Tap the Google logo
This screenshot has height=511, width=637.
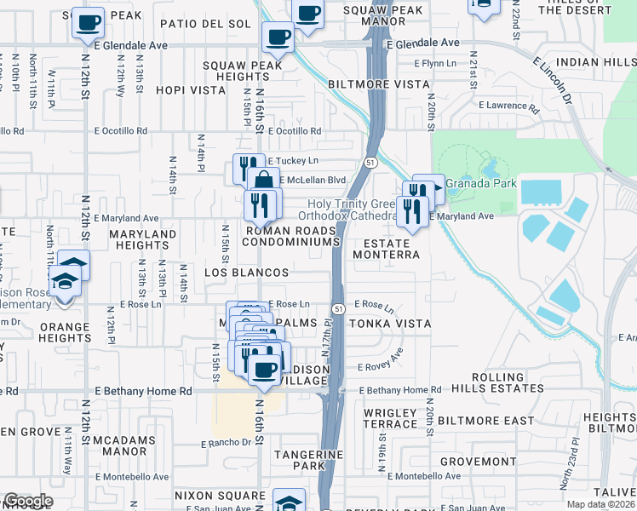pos(28,501)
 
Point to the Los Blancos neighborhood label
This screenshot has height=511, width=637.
pos(247,273)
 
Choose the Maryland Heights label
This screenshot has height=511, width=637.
pos(142,239)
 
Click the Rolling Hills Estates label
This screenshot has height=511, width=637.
pos(507,382)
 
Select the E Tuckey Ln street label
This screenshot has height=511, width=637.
pos(293,161)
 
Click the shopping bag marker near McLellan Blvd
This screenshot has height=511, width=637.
pos(264,181)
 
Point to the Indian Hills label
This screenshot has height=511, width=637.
pos(594,62)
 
